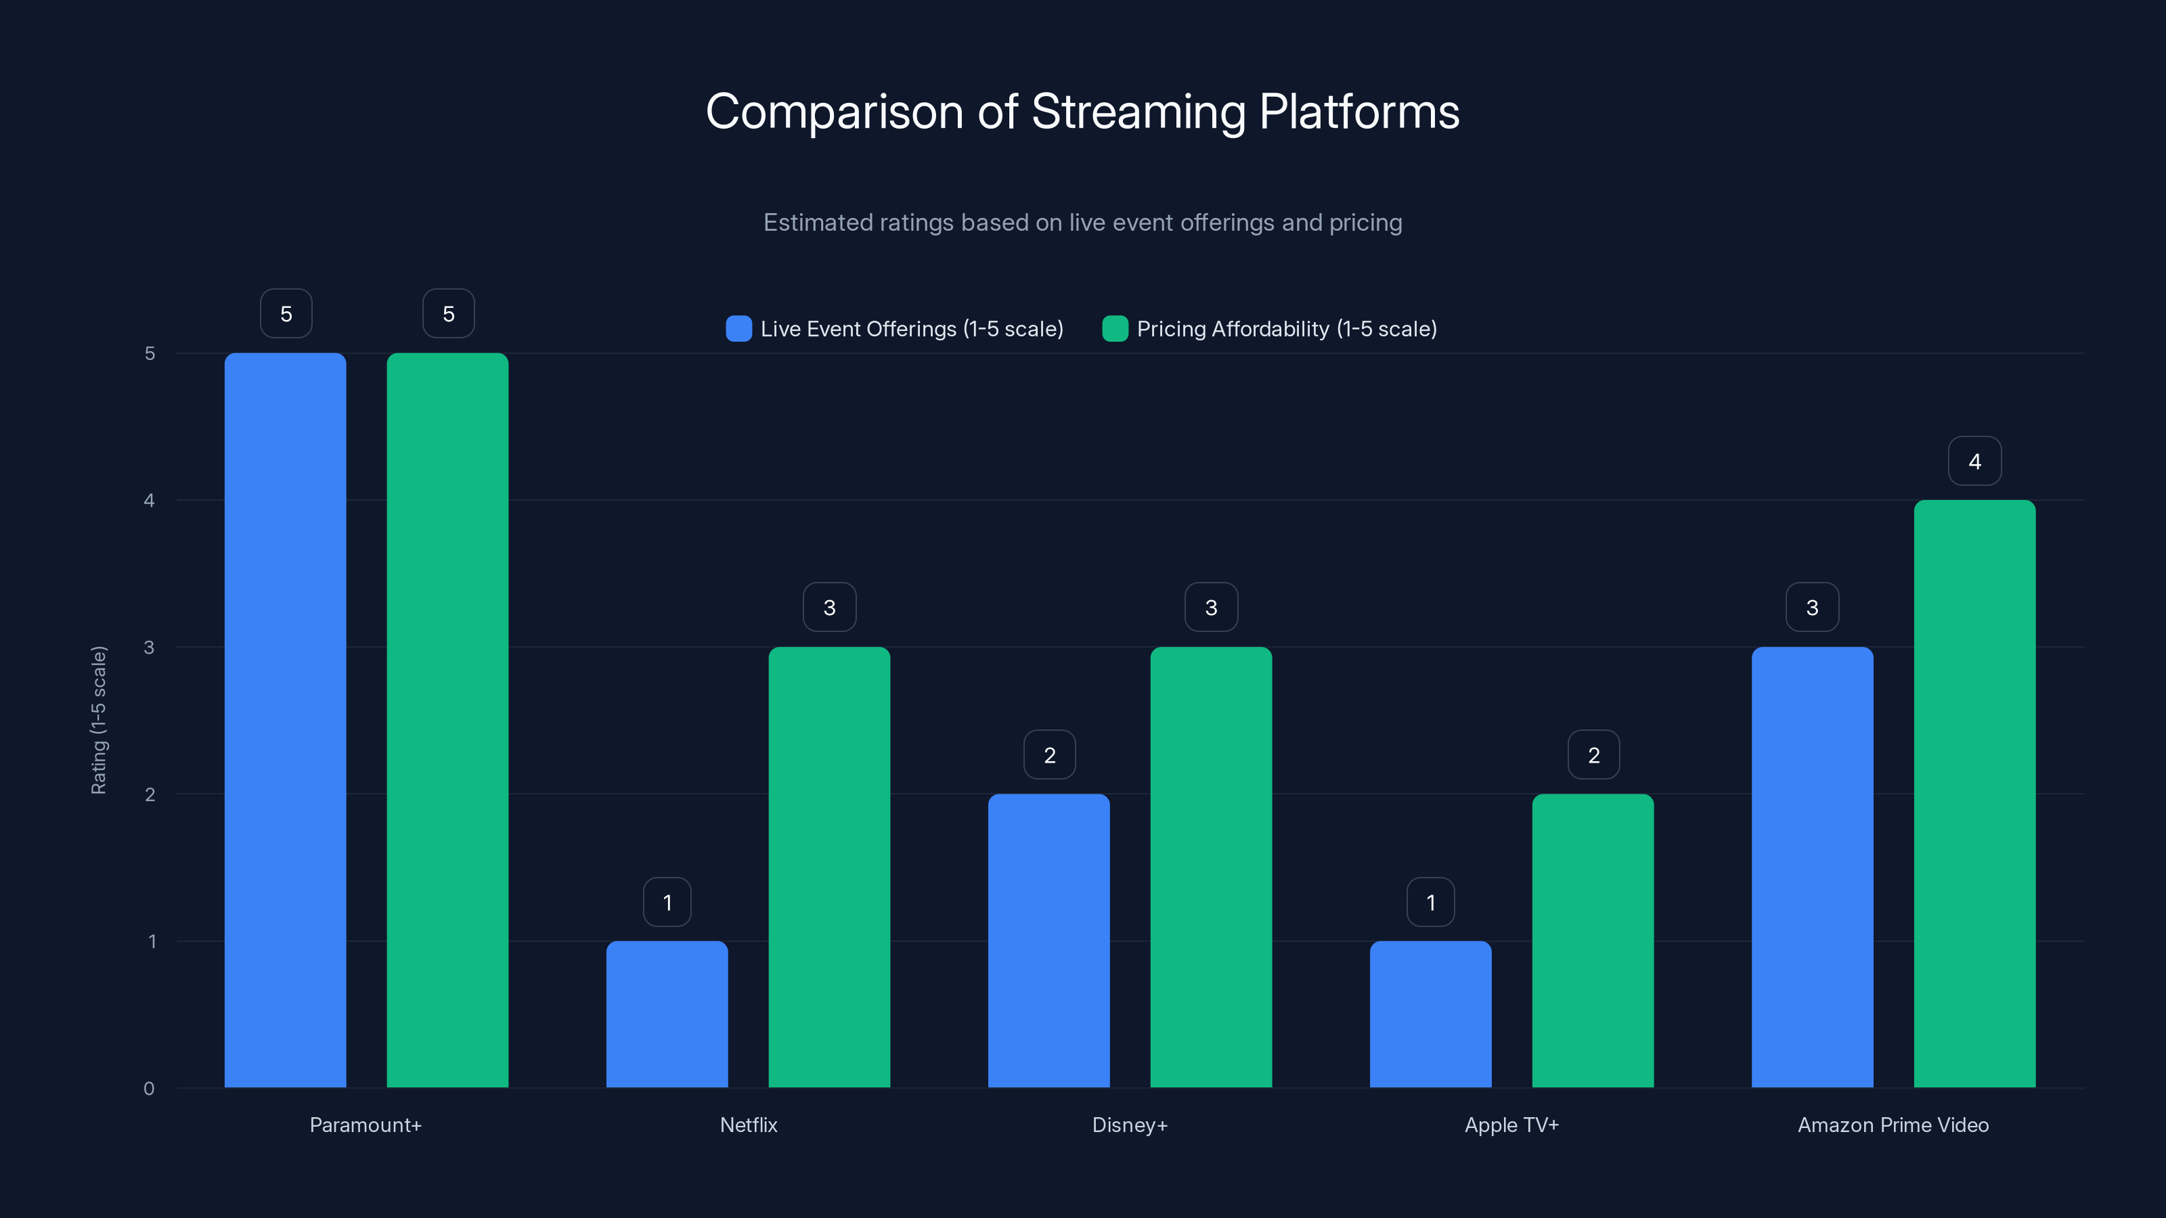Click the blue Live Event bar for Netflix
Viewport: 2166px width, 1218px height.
667,1014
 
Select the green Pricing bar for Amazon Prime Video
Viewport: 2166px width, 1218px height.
1974,794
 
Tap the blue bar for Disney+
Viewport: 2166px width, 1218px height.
1048,941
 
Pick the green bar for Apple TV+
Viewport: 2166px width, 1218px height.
1593,941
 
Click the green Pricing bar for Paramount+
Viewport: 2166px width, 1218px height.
447,721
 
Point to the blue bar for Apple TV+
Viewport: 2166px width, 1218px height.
1430,1014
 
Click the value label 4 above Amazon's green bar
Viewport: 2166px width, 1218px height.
1974,461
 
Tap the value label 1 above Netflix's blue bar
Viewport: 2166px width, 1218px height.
667,903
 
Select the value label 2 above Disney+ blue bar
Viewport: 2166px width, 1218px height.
1049,755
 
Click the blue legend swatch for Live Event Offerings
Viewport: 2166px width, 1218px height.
738,329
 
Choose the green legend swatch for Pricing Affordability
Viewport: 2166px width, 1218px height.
1115,329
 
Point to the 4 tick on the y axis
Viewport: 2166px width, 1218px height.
150,500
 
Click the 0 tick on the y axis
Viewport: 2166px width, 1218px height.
150,1089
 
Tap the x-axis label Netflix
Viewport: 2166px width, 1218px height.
749,1125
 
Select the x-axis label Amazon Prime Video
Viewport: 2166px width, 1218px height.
1893,1125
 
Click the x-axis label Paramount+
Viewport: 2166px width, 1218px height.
366,1125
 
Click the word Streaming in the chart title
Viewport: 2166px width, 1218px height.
1138,112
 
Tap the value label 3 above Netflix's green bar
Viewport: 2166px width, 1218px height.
829,608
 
